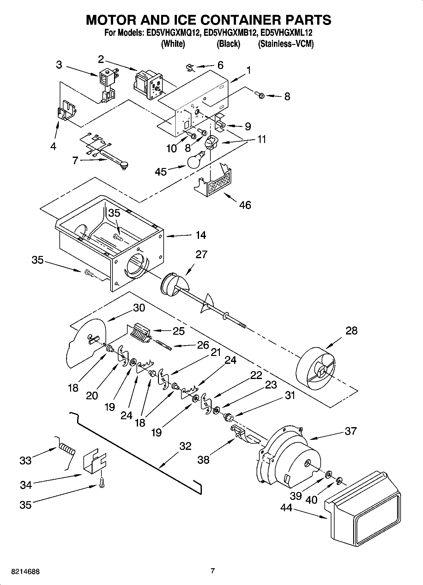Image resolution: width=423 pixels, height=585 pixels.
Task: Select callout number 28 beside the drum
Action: [351, 331]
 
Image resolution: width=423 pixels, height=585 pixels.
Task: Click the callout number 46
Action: [245, 205]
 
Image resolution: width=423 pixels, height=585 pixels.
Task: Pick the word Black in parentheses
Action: [228, 44]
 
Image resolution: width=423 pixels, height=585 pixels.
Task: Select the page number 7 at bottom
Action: [213, 571]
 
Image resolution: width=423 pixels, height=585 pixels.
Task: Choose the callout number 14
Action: [201, 235]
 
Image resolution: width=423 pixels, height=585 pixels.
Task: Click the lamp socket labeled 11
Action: [210, 142]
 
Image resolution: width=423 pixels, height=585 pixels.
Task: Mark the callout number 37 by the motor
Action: [350, 431]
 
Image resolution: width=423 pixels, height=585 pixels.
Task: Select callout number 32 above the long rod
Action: [185, 446]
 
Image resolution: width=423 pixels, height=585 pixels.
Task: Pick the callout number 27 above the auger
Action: [201, 254]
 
